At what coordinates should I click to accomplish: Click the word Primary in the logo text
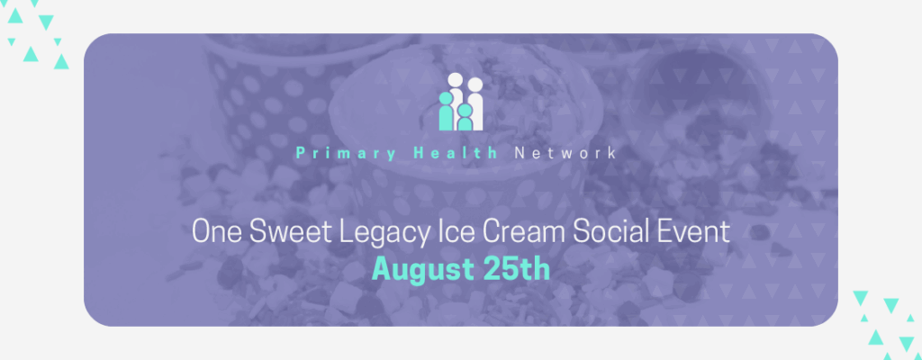tap(346, 154)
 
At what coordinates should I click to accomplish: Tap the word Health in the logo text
tap(456, 154)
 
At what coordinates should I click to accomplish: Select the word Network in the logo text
tap(565, 154)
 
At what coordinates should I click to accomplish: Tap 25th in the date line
tap(516, 269)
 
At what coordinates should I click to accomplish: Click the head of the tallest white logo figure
tap(456, 80)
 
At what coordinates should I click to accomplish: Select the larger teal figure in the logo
tap(447, 112)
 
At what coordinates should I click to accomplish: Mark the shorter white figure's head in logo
tap(475, 85)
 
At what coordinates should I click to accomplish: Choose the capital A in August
tap(382, 269)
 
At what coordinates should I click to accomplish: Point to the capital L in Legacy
tap(347, 232)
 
